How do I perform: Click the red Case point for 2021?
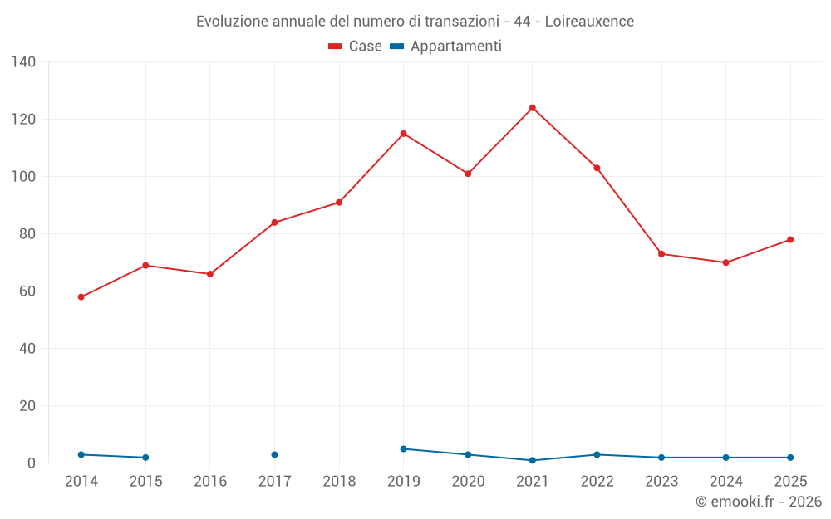click(533, 108)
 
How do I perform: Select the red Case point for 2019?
click(403, 134)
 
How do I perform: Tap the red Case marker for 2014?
click(81, 297)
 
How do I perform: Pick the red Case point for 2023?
click(661, 254)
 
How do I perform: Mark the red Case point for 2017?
click(274, 223)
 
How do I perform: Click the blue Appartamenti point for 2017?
click(274, 455)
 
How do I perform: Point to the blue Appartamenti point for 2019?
click(403, 449)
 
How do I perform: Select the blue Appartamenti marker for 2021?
click(533, 460)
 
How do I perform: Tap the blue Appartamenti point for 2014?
click(81, 455)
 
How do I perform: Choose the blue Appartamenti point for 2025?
click(790, 458)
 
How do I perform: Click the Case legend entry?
click(356, 47)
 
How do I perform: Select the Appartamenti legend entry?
click(446, 47)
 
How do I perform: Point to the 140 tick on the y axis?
click(24, 62)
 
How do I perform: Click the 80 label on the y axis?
click(27, 234)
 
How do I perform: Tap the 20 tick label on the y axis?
click(27, 406)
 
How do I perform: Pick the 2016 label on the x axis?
click(209, 482)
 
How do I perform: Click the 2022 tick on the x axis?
click(597, 482)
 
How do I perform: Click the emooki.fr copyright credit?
click(758, 502)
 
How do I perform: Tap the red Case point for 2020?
click(468, 174)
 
